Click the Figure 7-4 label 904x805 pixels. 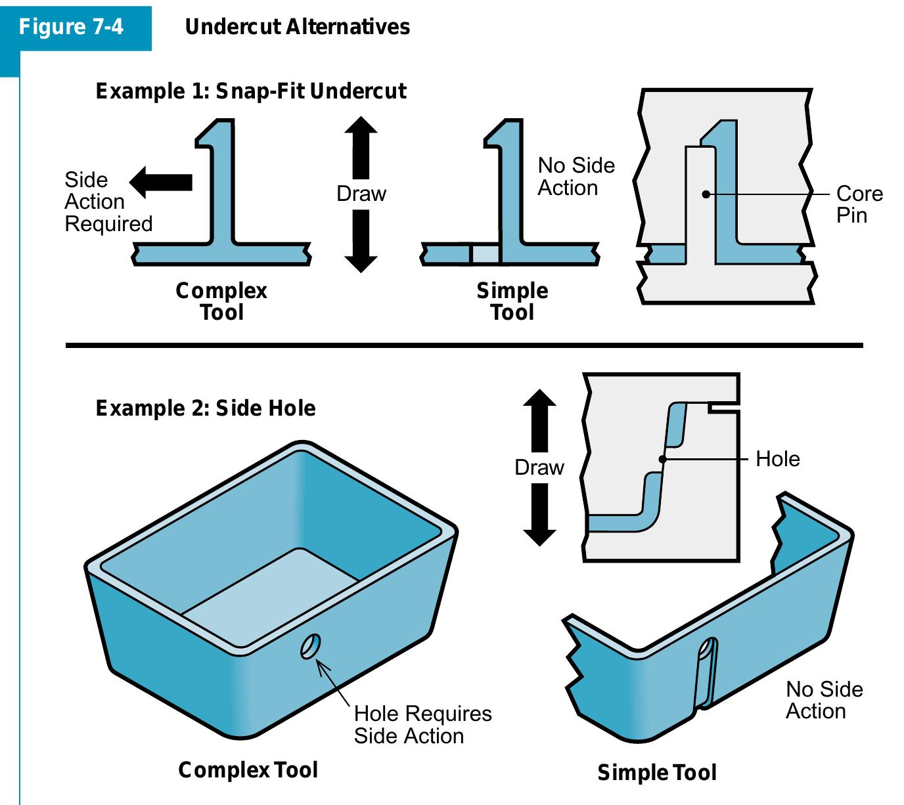[71, 27]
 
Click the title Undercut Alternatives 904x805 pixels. [297, 27]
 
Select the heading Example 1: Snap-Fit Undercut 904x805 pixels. [251, 91]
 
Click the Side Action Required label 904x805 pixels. [108, 202]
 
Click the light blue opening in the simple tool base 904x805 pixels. [486, 254]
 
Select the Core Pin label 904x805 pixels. [859, 204]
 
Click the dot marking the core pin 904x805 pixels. [706, 194]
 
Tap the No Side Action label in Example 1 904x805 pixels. [576, 176]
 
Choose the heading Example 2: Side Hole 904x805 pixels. [206, 408]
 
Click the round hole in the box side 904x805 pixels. [310, 647]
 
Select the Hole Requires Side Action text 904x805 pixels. [422, 724]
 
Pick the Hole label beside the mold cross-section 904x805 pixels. [777, 458]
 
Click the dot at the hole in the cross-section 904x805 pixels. [663, 459]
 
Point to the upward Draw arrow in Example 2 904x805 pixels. [539, 420]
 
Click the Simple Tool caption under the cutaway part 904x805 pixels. [656, 773]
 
